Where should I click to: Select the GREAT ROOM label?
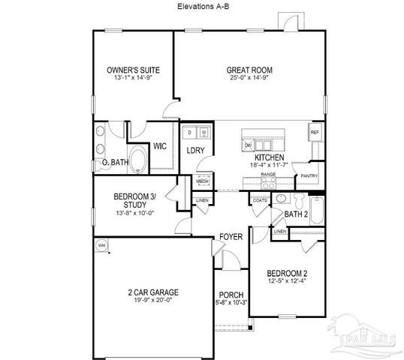click(x=248, y=70)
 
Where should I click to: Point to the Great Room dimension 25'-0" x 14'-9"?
click(x=248, y=77)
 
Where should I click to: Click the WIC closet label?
click(x=159, y=146)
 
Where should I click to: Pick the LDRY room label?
click(x=196, y=151)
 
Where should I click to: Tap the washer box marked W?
click(x=203, y=133)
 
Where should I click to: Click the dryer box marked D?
click(x=190, y=133)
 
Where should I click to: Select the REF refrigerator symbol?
click(x=315, y=133)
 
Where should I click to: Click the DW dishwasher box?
click(x=248, y=145)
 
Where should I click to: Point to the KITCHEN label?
click(x=268, y=157)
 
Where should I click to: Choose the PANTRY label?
click(x=309, y=176)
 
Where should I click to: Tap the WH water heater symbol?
click(x=100, y=245)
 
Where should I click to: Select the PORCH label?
click(x=230, y=295)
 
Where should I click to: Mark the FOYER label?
click(x=231, y=237)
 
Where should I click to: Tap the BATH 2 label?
click(x=297, y=214)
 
